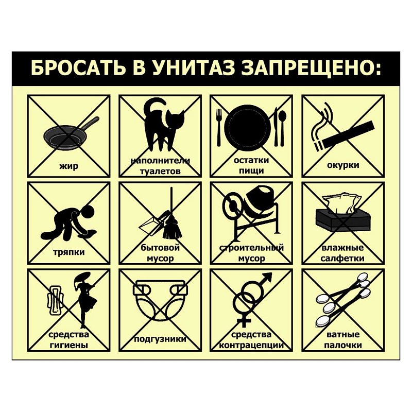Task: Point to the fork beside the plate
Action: click(218, 127)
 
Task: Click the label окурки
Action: click(343, 165)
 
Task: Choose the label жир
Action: click(68, 166)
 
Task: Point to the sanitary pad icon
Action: click(55, 300)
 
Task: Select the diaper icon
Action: click(161, 300)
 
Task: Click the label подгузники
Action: click(160, 339)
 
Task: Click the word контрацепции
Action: click(251, 345)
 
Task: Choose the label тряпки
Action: click(69, 252)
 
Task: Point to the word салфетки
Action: click(342, 259)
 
